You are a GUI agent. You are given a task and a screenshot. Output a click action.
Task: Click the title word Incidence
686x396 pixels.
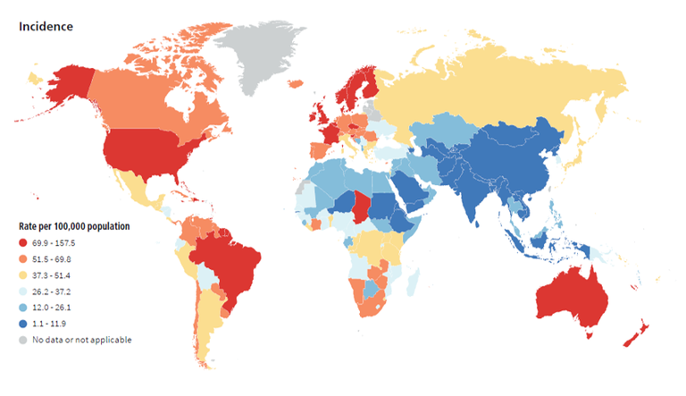[x=46, y=26]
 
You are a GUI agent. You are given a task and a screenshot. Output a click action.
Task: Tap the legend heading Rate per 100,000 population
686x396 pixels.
[x=75, y=226]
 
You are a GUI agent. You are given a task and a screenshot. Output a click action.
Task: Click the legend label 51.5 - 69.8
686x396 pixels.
[x=55, y=258]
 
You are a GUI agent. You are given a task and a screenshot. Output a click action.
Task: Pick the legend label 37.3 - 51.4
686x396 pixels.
[x=55, y=274]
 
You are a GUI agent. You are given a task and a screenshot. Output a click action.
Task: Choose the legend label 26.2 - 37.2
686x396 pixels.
[x=55, y=291]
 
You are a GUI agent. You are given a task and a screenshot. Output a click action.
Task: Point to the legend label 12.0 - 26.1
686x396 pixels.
[x=55, y=307]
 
